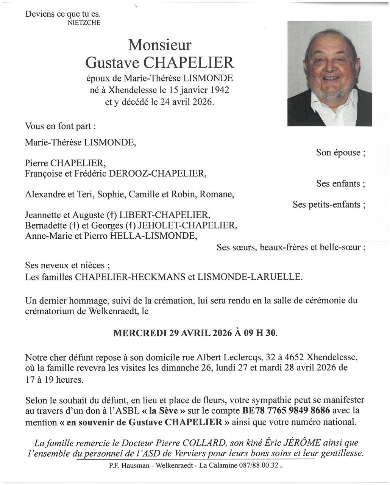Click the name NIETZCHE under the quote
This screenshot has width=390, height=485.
84,23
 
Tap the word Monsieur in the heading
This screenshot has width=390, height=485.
159,45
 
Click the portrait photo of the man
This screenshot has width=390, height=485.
329,74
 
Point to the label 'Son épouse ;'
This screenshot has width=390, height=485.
340,153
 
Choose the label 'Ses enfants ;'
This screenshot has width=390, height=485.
340,184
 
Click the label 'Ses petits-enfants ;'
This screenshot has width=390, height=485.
329,205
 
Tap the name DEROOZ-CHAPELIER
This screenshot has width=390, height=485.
158,174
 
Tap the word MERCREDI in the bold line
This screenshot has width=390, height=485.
140,333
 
